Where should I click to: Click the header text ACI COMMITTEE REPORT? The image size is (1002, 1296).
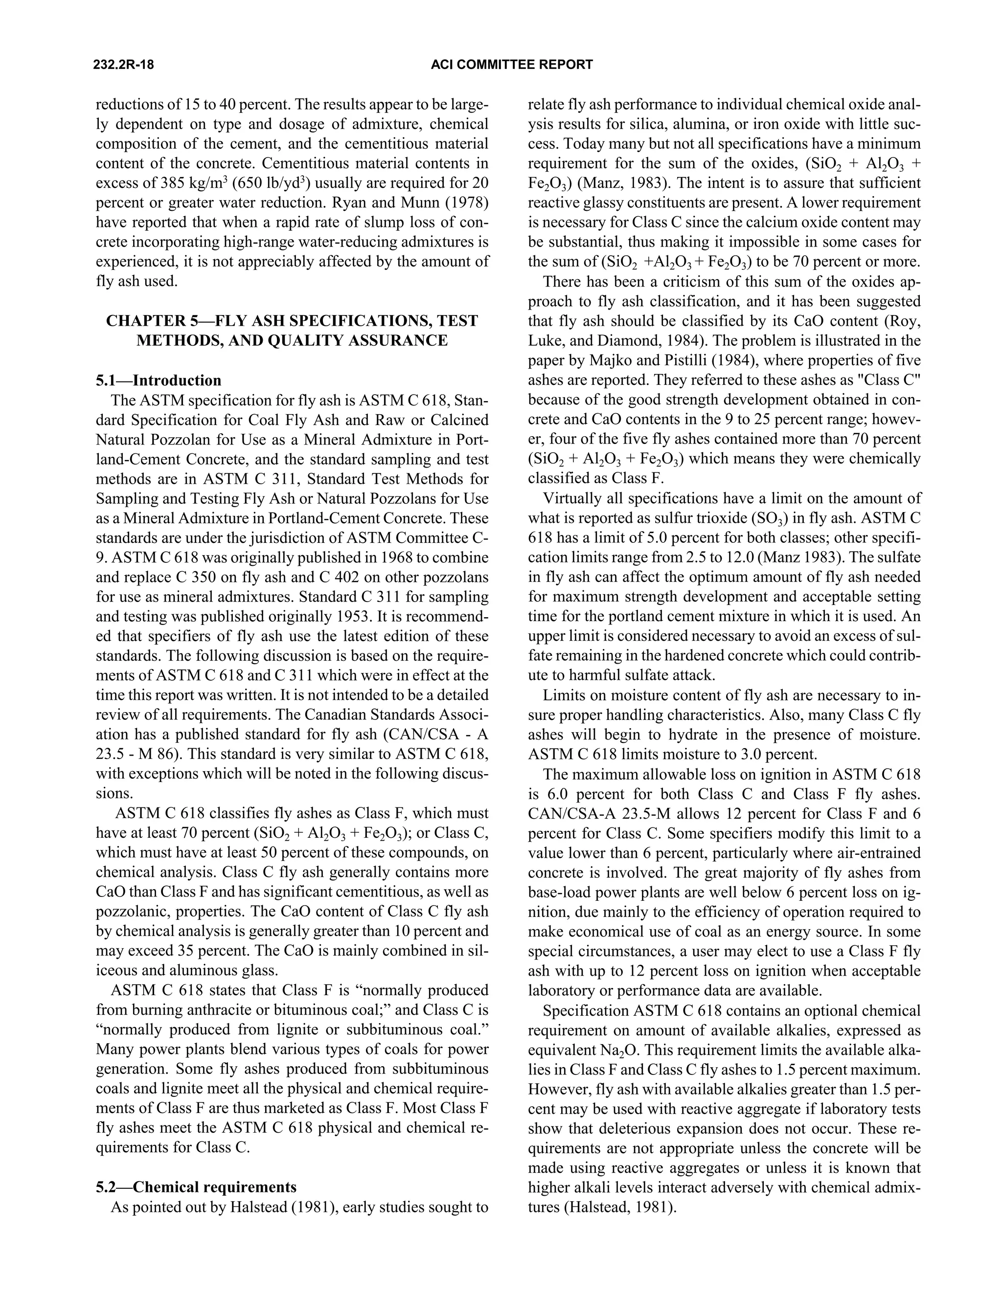(x=511, y=65)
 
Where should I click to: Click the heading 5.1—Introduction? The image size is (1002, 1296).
(x=159, y=380)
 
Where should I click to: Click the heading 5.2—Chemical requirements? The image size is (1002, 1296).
(x=196, y=1187)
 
